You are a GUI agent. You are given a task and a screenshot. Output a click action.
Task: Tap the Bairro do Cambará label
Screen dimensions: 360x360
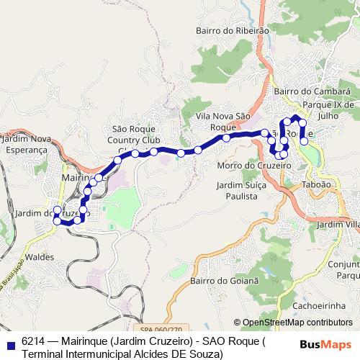click(312, 92)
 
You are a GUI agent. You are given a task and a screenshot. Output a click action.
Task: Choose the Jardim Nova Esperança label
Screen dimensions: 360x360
click(27, 143)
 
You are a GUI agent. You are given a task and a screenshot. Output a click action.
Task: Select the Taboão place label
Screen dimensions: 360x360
click(317, 184)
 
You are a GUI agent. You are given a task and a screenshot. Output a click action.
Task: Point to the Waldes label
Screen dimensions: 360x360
click(40, 256)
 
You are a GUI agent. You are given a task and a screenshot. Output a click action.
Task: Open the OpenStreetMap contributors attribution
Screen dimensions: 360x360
click(297, 323)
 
